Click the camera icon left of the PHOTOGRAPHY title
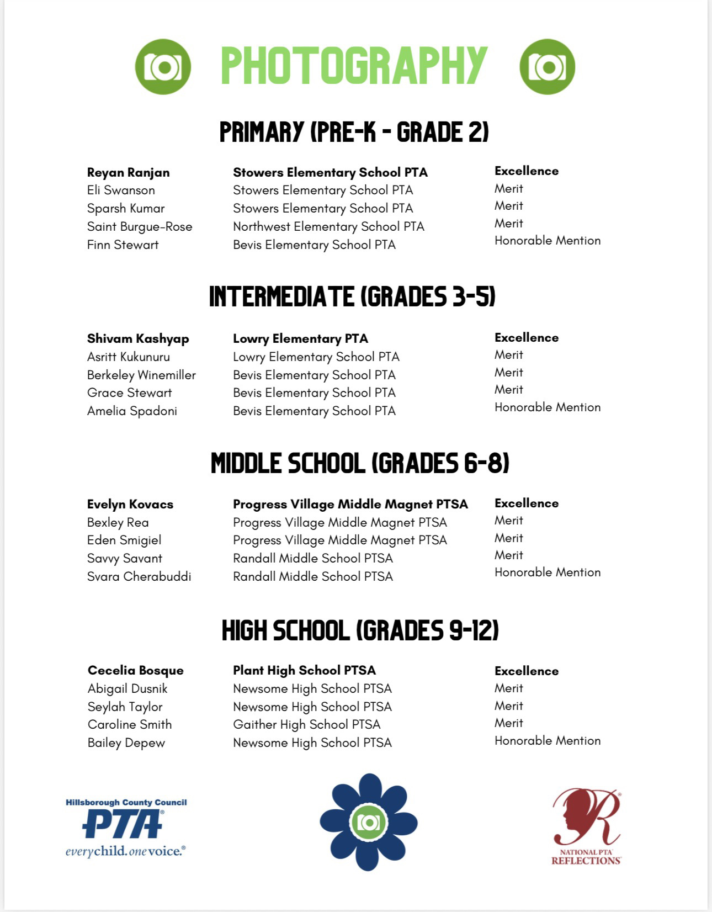pos(163,67)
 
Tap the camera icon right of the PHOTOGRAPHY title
pos(547,67)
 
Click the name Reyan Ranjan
pos(128,172)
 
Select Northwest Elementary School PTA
pos(328,226)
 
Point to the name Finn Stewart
pos(123,245)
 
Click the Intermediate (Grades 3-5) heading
pos(352,296)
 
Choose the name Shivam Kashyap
pos(138,338)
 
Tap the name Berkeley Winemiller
pos(141,375)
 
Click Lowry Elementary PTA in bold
pos(300,338)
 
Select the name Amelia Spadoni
pos(132,411)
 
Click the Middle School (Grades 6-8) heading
pos(359,463)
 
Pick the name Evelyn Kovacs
pos(130,504)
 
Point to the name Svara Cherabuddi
pos(139,576)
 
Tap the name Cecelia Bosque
pos(136,670)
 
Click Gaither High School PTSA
pos(306,724)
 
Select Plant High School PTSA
pos(304,670)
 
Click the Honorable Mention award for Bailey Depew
pos(548,740)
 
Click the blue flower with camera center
pos(368,822)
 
